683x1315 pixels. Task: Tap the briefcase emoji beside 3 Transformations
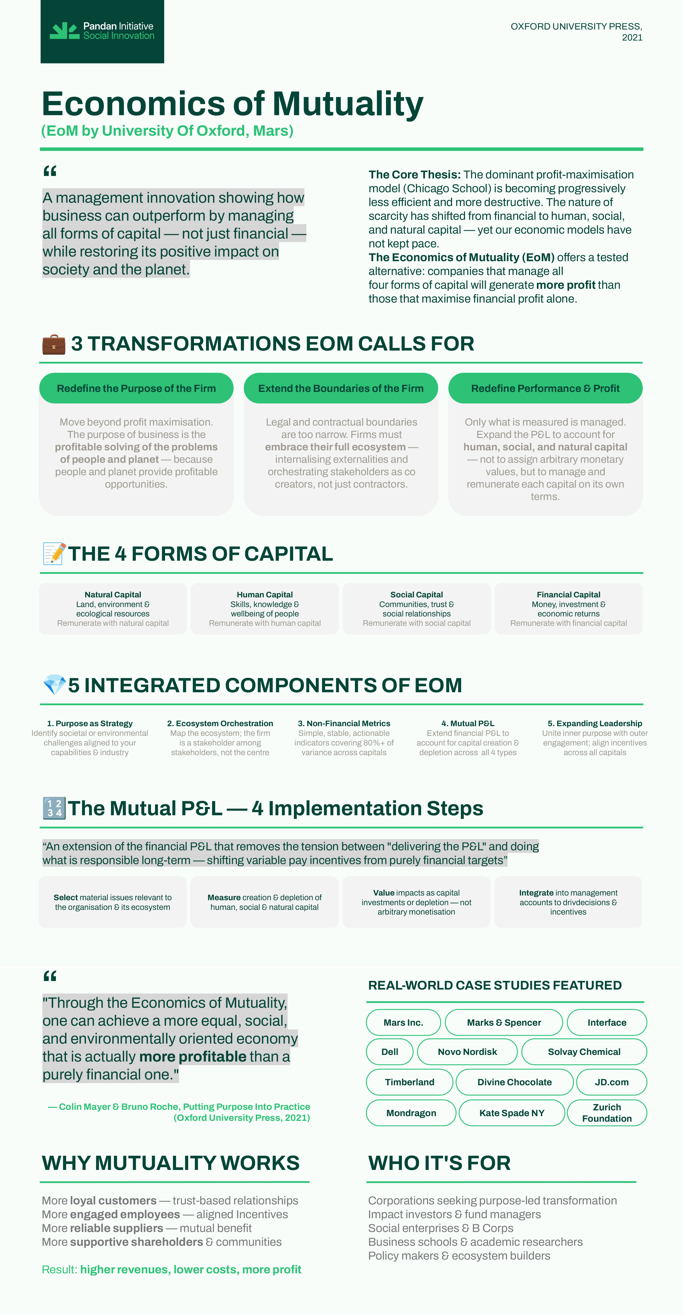(53, 344)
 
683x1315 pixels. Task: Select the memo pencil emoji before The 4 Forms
(54, 554)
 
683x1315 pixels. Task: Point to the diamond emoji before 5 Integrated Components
(54, 685)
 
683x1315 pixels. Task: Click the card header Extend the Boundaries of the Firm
(341, 389)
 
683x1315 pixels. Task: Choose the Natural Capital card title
(113, 595)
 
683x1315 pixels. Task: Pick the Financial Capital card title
(568, 595)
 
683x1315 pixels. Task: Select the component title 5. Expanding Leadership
(595, 723)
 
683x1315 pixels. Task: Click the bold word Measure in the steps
(224, 897)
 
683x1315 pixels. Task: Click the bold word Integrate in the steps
(536, 893)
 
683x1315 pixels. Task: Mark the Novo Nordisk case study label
(467, 1052)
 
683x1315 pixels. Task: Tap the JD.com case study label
(612, 1082)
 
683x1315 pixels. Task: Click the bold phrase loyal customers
(113, 1201)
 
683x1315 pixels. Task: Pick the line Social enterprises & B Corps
(441, 1228)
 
